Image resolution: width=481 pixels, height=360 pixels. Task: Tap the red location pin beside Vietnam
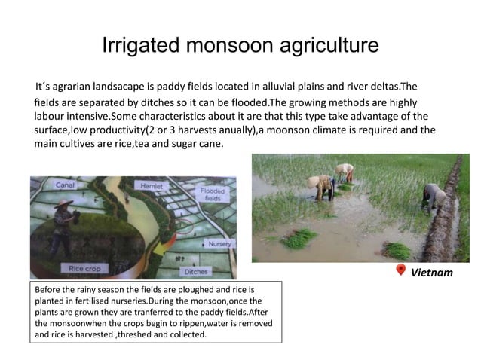click(400, 271)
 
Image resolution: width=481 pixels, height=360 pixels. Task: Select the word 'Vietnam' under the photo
click(431, 272)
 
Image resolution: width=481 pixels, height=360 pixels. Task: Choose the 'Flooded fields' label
click(212, 195)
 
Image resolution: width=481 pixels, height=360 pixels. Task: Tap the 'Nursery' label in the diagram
click(219, 244)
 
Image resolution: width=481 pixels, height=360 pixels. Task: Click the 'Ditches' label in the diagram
click(195, 270)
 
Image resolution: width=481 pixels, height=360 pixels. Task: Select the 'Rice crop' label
click(84, 268)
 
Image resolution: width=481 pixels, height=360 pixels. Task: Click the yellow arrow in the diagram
click(162, 249)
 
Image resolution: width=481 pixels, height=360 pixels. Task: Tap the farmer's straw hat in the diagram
click(65, 204)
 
